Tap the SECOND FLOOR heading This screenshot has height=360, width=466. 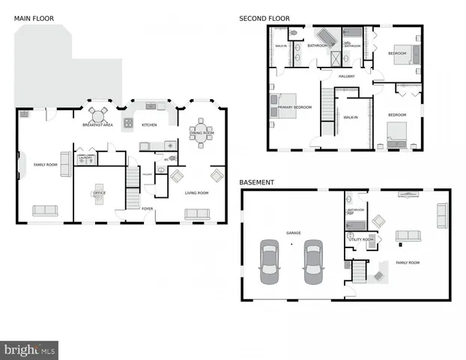264,19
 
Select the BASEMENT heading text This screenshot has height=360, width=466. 256,182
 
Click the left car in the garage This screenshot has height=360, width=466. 269,262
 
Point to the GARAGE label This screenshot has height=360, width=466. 293,233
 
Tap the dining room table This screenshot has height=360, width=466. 201,135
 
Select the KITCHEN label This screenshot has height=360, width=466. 149,124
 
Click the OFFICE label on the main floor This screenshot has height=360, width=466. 98,193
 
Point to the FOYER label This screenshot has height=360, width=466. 148,209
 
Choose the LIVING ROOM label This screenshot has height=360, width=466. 196,193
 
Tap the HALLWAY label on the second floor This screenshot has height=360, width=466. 346,76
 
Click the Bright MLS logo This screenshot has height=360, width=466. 30,349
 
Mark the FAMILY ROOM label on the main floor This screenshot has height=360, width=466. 46,164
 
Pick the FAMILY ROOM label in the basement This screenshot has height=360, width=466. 408,262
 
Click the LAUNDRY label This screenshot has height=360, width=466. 85,158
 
